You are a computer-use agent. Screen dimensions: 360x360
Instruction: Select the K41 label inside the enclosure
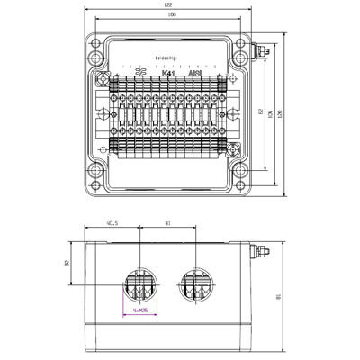[x=167, y=75]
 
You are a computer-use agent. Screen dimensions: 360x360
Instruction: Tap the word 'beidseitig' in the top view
[x=167, y=57]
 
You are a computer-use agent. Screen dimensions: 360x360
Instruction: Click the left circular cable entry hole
[x=140, y=288]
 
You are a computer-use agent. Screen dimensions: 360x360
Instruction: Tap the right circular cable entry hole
[x=195, y=288]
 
